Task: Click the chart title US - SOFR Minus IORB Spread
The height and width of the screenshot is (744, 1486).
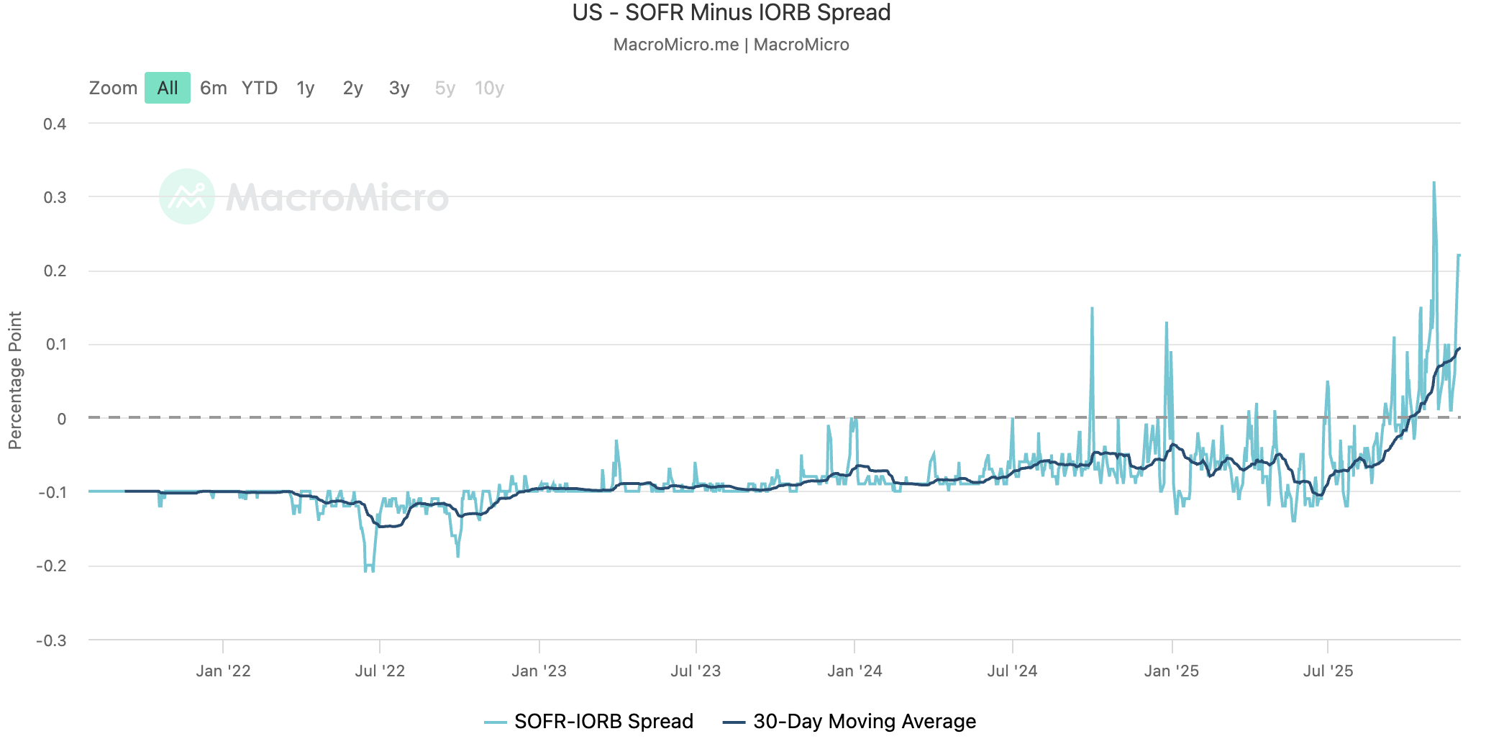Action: [731, 13]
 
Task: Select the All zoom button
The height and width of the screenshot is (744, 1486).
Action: [167, 88]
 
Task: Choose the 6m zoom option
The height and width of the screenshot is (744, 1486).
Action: [213, 88]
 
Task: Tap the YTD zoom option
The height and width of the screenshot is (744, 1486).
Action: [259, 88]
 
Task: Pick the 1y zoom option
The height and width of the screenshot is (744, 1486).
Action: [306, 88]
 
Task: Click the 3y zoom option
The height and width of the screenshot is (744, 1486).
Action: [398, 88]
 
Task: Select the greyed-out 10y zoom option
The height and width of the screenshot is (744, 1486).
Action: [489, 88]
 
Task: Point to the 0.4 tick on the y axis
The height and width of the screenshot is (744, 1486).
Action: [55, 124]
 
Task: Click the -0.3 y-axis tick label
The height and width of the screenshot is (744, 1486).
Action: [51, 640]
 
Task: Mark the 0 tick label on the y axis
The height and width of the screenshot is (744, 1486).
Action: [62, 419]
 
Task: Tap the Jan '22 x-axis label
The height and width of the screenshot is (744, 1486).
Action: [223, 671]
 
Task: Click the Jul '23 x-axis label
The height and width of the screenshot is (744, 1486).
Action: [696, 671]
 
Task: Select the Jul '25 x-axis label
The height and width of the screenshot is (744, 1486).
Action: [1328, 671]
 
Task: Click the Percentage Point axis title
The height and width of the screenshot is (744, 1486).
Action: [15, 380]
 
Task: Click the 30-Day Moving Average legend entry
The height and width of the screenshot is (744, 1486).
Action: [849, 721]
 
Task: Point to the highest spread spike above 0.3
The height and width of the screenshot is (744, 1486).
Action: [1433, 183]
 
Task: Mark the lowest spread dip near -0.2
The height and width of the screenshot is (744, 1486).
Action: [368, 571]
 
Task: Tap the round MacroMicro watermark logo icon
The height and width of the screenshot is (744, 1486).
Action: [187, 196]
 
